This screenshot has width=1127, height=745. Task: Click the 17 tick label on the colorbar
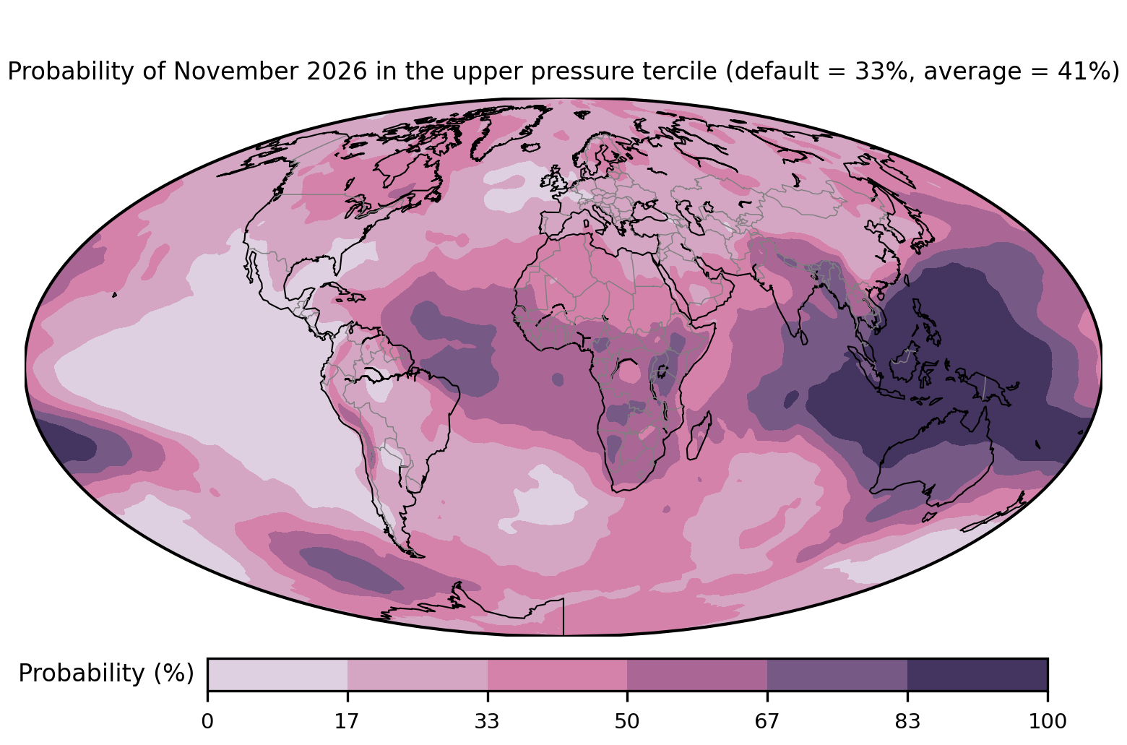pos(347,722)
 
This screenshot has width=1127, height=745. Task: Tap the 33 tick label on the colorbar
pos(487,722)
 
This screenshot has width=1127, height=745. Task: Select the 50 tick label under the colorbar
pos(627,722)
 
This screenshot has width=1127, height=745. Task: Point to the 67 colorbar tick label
pos(767,722)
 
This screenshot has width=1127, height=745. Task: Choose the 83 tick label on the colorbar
pos(907,722)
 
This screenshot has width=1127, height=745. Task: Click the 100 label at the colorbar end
pos(1048,722)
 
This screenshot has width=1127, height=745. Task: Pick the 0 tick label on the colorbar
pos(207,722)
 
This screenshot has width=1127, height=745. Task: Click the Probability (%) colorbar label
pos(106,673)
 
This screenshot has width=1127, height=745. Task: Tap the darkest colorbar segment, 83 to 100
pos(977,674)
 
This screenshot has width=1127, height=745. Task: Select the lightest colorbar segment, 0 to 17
pos(277,674)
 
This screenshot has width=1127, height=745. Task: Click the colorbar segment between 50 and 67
pos(697,674)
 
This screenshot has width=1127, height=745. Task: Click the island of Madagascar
pos(699,436)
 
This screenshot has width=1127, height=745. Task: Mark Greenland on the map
pos(508,129)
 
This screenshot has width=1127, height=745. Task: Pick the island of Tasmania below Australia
pos(929,517)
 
